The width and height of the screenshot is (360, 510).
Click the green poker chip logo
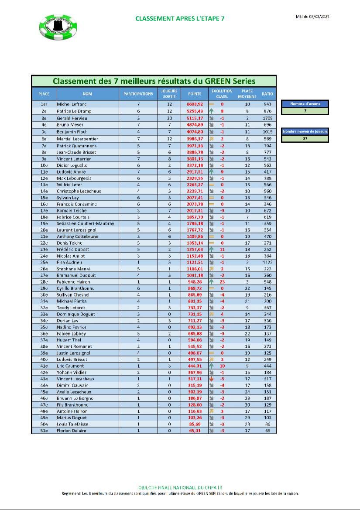(58, 27)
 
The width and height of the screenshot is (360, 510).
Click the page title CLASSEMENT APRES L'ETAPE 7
(180, 18)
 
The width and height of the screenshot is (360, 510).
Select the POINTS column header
(195, 94)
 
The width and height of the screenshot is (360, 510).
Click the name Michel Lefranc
(72, 105)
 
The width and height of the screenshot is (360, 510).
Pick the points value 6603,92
(195, 105)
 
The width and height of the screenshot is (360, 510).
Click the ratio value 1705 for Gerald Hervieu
(267, 118)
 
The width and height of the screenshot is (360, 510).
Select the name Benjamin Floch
(72, 131)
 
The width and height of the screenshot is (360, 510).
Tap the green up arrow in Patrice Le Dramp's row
(212, 111)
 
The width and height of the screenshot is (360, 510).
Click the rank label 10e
(44, 165)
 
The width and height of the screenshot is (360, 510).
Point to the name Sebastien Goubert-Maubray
(86, 223)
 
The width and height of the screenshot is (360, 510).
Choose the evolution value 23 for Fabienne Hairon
(222, 282)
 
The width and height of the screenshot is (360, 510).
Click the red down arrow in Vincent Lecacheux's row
(212, 379)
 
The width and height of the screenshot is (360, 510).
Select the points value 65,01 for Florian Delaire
(195, 431)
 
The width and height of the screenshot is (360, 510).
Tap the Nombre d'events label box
(305, 104)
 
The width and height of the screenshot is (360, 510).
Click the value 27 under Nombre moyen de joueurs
(305, 139)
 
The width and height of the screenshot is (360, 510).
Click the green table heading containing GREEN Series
(154, 81)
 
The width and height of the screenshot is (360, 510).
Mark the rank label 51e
(44, 431)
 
